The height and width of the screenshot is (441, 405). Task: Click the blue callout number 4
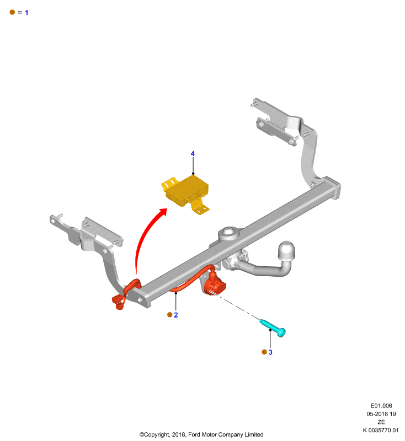click(193, 154)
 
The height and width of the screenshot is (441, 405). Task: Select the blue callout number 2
click(176, 315)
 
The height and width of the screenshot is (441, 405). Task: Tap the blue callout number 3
click(270, 352)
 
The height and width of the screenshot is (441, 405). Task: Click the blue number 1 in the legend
click(26, 13)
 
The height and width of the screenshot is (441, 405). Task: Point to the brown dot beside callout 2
click(170, 315)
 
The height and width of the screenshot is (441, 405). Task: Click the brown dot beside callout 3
click(264, 352)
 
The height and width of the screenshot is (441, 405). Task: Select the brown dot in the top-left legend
click(12, 12)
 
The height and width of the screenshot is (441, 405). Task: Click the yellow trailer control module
click(186, 194)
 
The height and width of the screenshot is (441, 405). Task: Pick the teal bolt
click(273, 328)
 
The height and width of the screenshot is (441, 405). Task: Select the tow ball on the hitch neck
click(286, 251)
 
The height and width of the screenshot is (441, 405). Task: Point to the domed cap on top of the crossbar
click(228, 233)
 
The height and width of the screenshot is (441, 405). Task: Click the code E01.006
click(381, 406)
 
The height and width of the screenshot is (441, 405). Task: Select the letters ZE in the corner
click(381, 422)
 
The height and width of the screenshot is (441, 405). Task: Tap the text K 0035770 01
click(381, 431)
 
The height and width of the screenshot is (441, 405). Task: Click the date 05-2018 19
click(381, 414)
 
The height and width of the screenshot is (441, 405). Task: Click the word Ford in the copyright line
click(194, 434)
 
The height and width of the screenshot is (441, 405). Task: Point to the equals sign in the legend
click(20, 12)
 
